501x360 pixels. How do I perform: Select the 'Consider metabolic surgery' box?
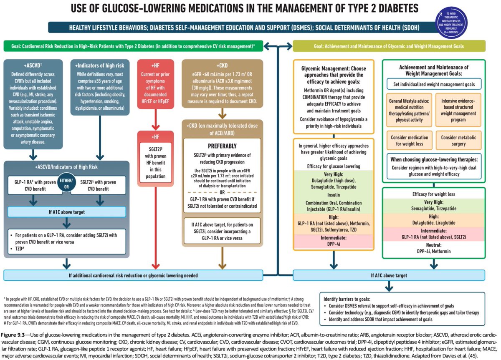pos(458,141)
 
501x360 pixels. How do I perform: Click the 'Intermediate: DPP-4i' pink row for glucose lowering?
pos(333,240)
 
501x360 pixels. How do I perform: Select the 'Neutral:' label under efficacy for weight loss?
pos(433,246)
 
